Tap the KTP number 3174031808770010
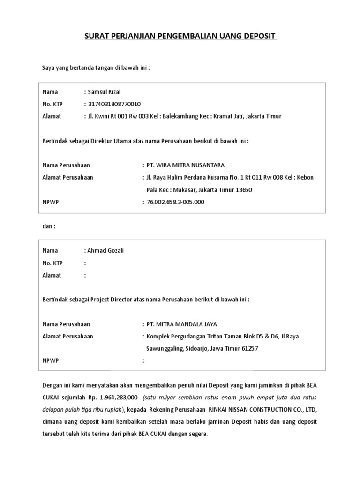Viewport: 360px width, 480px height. (x=115, y=104)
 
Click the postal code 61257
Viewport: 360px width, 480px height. (x=248, y=348)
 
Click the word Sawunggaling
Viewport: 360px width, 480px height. (x=165, y=348)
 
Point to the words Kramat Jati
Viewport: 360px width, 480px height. (x=225, y=116)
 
